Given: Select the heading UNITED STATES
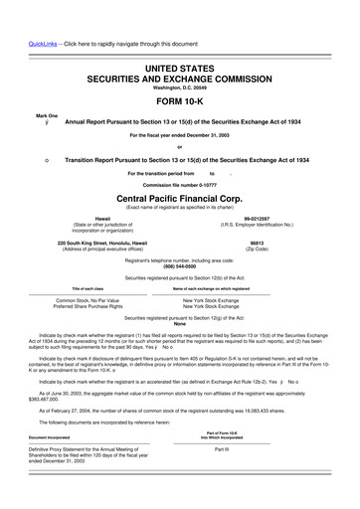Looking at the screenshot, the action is (179, 66).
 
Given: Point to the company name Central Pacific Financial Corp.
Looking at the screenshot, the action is (179, 198).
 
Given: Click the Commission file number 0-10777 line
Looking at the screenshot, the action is (179, 185).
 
